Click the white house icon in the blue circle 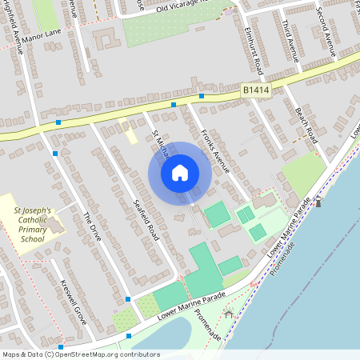click(180, 172)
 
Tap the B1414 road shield click(256, 93)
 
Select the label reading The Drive click(94, 228)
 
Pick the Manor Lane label click(42, 37)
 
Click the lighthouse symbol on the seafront click(318, 202)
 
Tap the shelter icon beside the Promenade click(230, 314)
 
